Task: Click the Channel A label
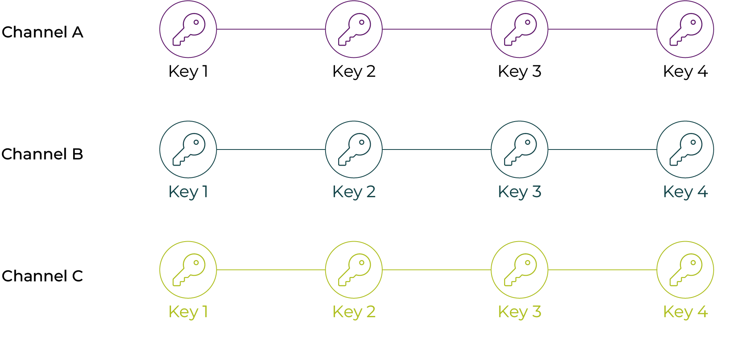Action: [42, 32]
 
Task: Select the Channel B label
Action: [42, 154]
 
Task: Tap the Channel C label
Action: [42, 276]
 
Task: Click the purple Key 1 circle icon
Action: [188, 29]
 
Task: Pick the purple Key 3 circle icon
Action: [519, 29]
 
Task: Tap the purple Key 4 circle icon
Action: [685, 29]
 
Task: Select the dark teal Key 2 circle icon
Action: [354, 150]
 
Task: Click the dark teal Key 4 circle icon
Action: [685, 150]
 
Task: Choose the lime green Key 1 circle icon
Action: [188, 270]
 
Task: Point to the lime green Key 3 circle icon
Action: [519, 270]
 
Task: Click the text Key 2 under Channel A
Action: [354, 72]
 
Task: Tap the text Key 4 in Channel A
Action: [685, 72]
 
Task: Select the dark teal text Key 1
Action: [188, 192]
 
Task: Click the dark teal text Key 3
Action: [519, 192]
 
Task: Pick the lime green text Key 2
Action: [354, 312]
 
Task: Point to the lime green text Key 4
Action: [685, 312]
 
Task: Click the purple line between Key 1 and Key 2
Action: [271, 29]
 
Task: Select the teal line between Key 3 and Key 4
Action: [602, 150]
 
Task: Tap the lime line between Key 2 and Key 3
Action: [436, 270]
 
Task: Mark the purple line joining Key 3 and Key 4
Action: [602, 29]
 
